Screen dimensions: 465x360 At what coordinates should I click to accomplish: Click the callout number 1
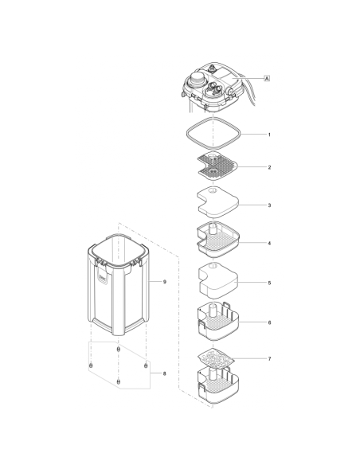[x=269, y=135]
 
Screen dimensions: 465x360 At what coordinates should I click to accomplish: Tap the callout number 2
[x=269, y=167]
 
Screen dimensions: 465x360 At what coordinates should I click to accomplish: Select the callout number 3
[x=269, y=205]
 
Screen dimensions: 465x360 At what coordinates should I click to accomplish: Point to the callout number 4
[x=269, y=243]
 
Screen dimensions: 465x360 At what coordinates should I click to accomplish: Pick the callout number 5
[x=269, y=283]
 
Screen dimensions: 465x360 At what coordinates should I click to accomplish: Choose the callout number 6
[x=269, y=322]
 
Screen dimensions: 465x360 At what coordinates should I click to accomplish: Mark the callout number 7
[x=269, y=359]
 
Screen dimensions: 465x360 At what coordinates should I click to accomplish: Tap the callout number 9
[x=164, y=282]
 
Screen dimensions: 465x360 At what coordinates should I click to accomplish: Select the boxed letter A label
[x=266, y=77]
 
